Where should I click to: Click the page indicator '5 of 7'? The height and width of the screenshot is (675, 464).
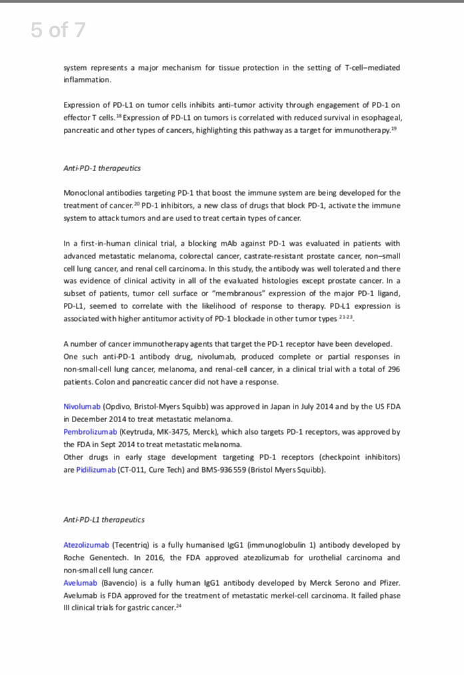pyautogui.click(x=58, y=30)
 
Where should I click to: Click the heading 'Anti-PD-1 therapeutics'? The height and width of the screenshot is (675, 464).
pyautogui.click(x=102, y=168)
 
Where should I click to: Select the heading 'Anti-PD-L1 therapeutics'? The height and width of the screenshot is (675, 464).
pyautogui.click(x=104, y=519)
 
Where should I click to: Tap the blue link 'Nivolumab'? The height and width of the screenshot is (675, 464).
pyautogui.click(x=82, y=407)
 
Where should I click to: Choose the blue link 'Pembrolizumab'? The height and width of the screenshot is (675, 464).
pyautogui.click(x=90, y=432)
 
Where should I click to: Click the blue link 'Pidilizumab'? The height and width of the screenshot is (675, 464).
pyautogui.click(x=96, y=470)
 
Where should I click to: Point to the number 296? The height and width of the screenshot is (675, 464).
pyautogui.click(x=393, y=369)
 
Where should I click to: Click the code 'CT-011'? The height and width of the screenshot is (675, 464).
pyautogui.click(x=133, y=470)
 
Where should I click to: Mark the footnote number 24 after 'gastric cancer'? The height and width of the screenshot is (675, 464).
pyautogui.click(x=179, y=606)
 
